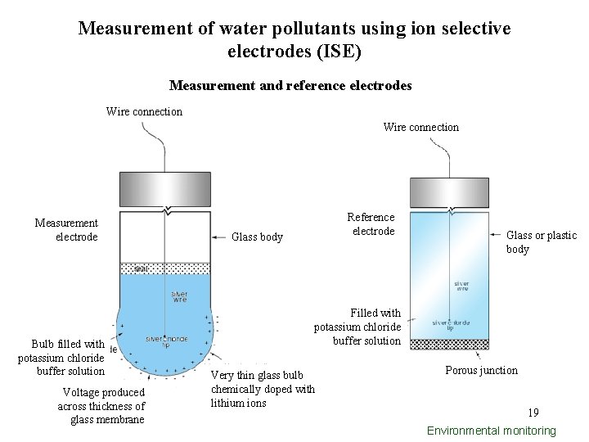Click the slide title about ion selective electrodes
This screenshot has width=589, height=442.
(294, 39)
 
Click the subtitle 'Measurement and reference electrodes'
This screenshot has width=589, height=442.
(290, 85)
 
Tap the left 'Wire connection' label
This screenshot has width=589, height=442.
(144, 111)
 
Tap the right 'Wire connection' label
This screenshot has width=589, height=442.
(420, 127)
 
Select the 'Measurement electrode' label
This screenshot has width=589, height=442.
(66, 230)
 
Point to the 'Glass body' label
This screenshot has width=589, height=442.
(257, 237)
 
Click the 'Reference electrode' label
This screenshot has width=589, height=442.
(371, 224)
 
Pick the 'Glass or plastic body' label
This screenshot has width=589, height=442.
(541, 242)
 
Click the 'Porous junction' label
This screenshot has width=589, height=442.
(481, 370)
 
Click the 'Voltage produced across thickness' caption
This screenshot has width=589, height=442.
(101, 406)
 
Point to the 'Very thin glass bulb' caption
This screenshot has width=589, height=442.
(262, 389)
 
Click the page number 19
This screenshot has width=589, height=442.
(533, 413)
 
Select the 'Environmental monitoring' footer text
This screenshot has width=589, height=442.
(491, 431)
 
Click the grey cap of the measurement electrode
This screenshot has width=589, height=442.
(165, 189)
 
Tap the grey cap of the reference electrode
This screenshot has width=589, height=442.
(448, 189)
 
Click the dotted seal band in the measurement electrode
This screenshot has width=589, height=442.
(165, 268)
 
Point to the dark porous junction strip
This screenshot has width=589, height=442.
(448, 345)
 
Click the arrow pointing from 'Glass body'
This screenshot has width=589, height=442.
(219, 237)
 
